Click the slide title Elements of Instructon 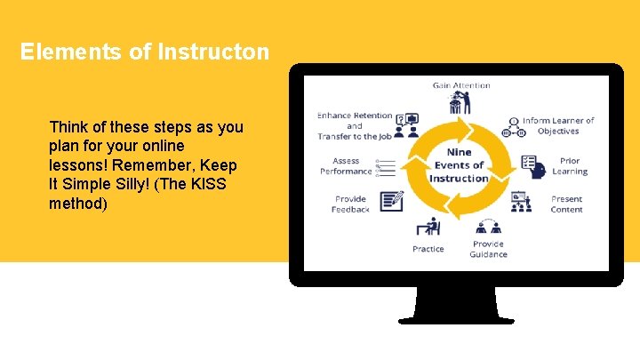point(144,52)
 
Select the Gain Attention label point(461,85)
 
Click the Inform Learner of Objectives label point(557,125)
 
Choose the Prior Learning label point(569,166)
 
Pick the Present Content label point(566,204)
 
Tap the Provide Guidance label point(488,249)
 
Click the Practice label point(428,249)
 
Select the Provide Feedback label point(351,204)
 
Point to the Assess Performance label point(346,166)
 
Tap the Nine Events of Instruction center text point(459,165)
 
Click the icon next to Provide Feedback point(391,202)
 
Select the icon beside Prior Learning point(532,165)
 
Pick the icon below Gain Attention point(460,104)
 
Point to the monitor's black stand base point(456,317)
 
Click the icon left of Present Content point(521,202)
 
